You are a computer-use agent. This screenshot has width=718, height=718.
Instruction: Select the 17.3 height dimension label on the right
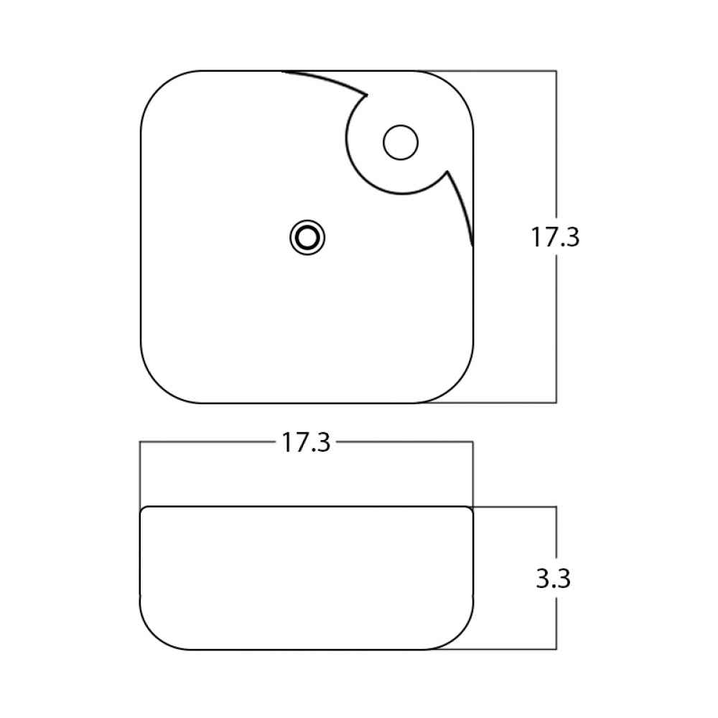click(555, 237)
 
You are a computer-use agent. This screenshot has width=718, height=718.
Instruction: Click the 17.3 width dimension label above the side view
click(306, 443)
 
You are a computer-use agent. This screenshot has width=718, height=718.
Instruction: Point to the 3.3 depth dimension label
click(553, 578)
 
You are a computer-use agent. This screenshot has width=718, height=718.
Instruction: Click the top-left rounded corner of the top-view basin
click(159, 89)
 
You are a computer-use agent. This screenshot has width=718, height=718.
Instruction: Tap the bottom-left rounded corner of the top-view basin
click(159, 385)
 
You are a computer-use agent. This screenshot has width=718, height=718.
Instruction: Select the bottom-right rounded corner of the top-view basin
click(455, 385)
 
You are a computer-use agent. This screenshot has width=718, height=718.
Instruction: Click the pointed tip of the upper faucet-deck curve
click(367, 95)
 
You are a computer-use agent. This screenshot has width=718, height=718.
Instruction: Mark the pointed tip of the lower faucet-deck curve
click(447, 172)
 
